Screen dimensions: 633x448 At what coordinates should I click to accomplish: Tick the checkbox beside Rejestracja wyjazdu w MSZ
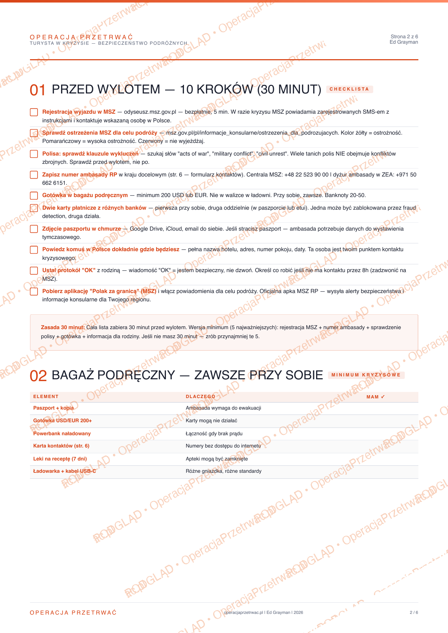(x=34, y=112)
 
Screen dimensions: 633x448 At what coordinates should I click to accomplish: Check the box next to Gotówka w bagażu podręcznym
(x=34, y=196)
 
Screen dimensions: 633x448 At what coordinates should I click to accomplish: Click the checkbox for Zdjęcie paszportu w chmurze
(x=34, y=229)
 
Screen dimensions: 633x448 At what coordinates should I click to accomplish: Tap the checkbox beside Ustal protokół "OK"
(x=34, y=271)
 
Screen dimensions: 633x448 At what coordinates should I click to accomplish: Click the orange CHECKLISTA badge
(x=349, y=89)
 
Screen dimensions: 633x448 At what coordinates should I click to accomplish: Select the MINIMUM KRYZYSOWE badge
(x=366, y=375)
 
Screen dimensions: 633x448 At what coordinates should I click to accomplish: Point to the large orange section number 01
(x=38, y=90)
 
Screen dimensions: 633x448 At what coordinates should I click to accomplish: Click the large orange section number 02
(x=38, y=376)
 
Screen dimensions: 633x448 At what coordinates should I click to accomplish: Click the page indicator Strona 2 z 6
(x=404, y=36)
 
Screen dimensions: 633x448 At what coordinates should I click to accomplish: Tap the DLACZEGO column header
(x=201, y=397)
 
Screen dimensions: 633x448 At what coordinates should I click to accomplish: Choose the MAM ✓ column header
(x=376, y=397)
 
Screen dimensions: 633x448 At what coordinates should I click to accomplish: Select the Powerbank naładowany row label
(x=62, y=433)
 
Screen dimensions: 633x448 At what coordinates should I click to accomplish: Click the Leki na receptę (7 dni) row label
(x=60, y=459)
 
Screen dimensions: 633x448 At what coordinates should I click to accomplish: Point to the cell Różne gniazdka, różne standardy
(x=223, y=471)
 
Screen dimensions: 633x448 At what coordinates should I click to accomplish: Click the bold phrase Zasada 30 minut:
(x=63, y=327)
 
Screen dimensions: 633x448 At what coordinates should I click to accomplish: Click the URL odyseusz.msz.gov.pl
(x=150, y=112)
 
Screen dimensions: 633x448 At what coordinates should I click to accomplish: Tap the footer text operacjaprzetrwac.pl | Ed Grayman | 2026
(x=263, y=612)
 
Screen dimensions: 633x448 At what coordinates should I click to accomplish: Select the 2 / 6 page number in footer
(x=414, y=612)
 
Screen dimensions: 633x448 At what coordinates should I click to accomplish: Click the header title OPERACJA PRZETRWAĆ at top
(x=81, y=37)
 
